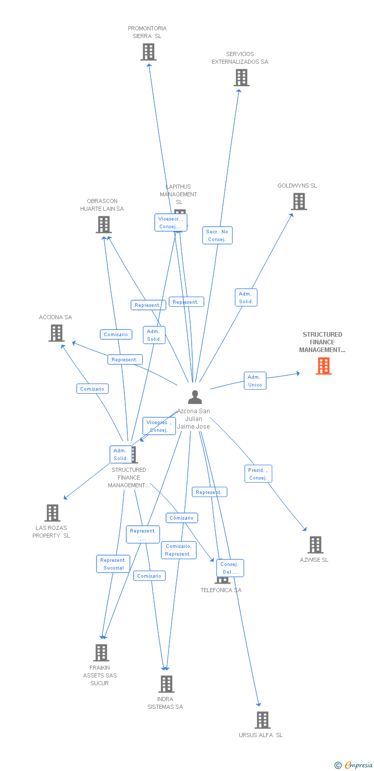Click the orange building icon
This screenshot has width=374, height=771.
tap(323, 366)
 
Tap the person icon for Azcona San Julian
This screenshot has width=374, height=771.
tap(195, 397)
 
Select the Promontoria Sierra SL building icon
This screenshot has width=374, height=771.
tap(148, 52)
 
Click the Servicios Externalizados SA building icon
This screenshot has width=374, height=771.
tap(241, 78)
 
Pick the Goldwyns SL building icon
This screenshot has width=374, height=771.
tap(299, 201)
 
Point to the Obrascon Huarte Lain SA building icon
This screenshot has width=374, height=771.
tap(104, 225)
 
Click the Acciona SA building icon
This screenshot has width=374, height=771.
tap(56, 333)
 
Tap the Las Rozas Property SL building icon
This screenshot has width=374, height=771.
tap(52, 513)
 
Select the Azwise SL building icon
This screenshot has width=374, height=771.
tap(315, 545)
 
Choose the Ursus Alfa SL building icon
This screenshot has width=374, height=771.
tap(262, 720)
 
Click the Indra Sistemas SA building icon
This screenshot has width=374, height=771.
tap(166, 684)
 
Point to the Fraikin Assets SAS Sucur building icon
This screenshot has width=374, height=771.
tap(101, 653)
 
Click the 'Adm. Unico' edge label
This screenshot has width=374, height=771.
tap(255, 381)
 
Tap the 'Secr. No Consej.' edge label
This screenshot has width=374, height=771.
tap(217, 235)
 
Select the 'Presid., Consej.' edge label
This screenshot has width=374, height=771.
tap(258, 474)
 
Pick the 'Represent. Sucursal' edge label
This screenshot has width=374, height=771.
tap(113, 564)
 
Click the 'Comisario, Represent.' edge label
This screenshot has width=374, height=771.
tap(178, 550)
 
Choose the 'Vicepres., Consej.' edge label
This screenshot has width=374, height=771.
tap(159, 426)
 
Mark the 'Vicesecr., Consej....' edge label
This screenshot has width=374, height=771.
tap(171, 223)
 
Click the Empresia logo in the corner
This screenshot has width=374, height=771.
tap(353, 765)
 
